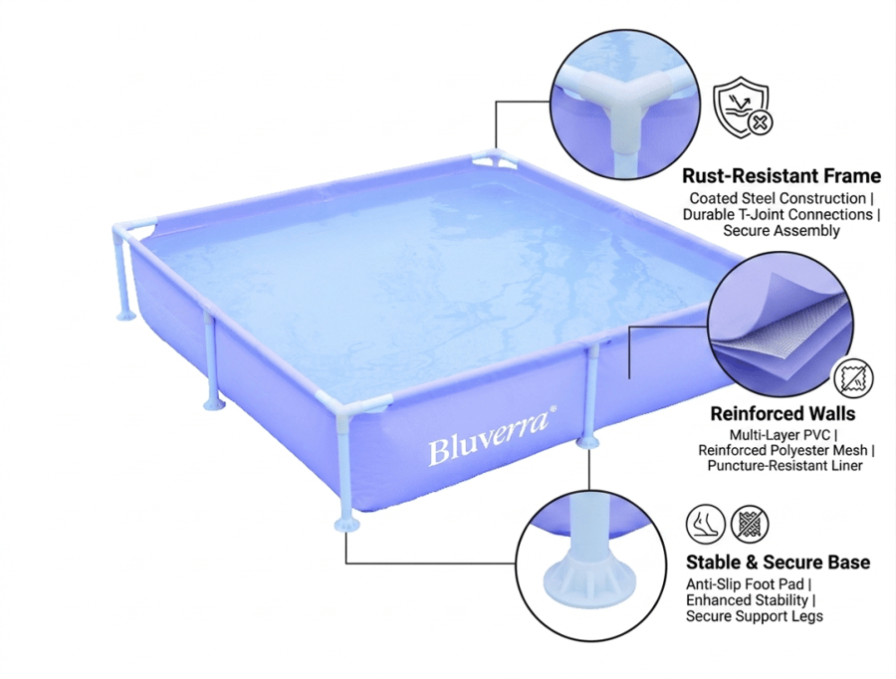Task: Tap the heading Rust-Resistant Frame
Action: pos(782,175)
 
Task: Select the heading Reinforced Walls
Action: pos(783,413)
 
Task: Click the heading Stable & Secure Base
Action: pos(778,562)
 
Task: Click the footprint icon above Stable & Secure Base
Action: pos(705,524)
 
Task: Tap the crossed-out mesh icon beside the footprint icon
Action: pos(750,524)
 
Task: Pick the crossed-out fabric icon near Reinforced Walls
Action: pos(854,378)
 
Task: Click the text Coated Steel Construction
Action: pos(778,198)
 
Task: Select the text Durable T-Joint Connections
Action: pos(778,214)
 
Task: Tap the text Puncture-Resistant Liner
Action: pos(784,465)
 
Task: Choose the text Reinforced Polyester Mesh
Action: pos(783,450)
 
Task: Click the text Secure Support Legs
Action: pos(755,616)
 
